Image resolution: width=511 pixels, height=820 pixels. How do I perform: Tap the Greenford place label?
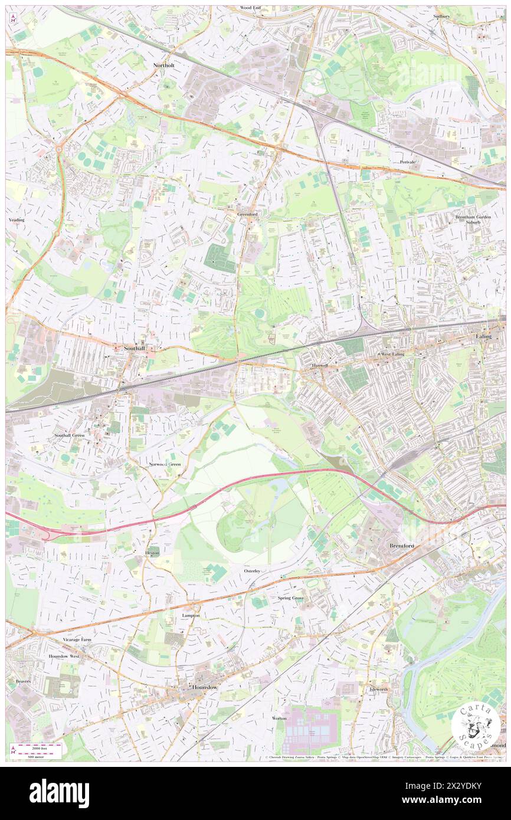pyautogui.click(x=247, y=214)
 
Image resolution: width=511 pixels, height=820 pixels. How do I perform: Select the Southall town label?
pyautogui.click(x=135, y=348)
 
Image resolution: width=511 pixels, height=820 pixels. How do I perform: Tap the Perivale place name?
pyautogui.click(x=408, y=162)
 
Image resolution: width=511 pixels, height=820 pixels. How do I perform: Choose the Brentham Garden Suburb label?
pyautogui.click(x=472, y=219)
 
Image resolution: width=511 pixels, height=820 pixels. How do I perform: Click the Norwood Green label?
pyautogui.click(x=164, y=464)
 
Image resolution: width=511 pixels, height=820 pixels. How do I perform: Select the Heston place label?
pyautogui.click(x=152, y=553)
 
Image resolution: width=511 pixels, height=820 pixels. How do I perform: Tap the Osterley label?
pyautogui.click(x=252, y=571)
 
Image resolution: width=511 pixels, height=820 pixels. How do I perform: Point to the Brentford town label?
pyautogui.click(x=402, y=546)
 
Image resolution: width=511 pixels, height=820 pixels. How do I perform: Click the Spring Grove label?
pyautogui.click(x=290, y=598)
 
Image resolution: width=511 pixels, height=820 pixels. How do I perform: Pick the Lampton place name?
pyautogui.click(x=191, y=615)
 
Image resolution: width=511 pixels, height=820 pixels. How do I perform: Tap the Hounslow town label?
pyautogui.click(x=205, y=688)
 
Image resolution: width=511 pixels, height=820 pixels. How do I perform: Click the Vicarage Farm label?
pyautogui.click(x=77, y=639)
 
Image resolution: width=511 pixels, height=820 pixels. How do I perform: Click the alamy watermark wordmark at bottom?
pyautogui.click(x=59, y=793)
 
